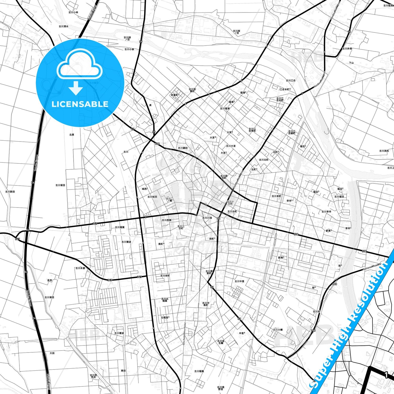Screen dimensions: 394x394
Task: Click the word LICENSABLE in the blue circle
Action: pyautogui.click(x=80, y=104)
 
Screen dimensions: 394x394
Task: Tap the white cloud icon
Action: pyautogui.click(x=80, y=64)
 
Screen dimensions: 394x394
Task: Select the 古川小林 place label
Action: pyautogui.click(x=73, y=12)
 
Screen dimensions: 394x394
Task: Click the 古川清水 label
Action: pyautogui.click(x=64, y=26)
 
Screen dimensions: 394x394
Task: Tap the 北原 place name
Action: pyautogui.click(x=71, y=134)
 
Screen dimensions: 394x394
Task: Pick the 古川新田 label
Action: pyautogui.click(x=10, y=192)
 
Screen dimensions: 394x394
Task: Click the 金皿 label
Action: pyautogui.click(x=50, y=280)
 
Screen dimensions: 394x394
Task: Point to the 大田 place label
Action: pyautogui.click(x=52, y=353)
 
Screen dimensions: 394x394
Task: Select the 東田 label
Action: pyautogui.click(x=123, y=371)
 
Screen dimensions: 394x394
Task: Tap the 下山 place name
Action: pyautogui.click(x=351, y=63)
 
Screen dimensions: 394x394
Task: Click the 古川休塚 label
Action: pyautogui.click(x=347, y=49)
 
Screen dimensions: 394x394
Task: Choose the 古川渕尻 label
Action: pyautogui.click(x=384, y=151)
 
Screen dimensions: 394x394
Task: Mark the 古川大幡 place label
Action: pyautogui.click(x=278, y=330)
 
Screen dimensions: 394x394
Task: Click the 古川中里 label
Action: pyautogui.click(x=239, y=281)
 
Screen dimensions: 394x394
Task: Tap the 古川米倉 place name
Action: pyautogui.click(x=80, y=268)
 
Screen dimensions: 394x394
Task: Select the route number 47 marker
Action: pyautogui.click(x=133, y=129)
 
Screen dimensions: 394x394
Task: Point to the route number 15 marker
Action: pyautogui.click(x=349, y=32)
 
